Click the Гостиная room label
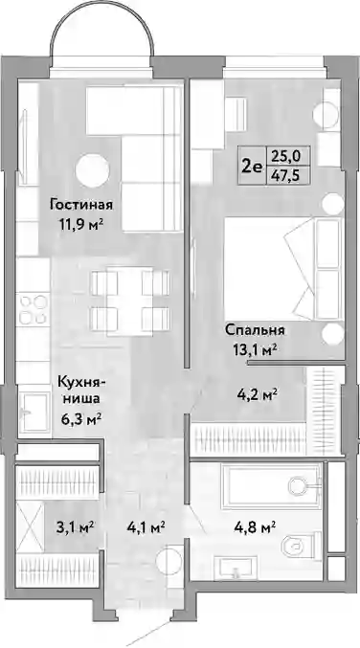click(x=81, y=205)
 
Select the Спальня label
click(x=256, y=330)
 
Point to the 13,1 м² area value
click(x=254, y=351)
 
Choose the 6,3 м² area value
click(x=80, y=420)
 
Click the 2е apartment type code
click(x=252, y=167)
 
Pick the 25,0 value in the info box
click(x=286, y=157)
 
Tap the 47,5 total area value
click(x=286, y=175)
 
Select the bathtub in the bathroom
click(x=272, y=486)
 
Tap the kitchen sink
click(x=34, y=412)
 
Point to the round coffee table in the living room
click(x=92, y=170)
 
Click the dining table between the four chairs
click(x=129, y=301)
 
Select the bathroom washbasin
click(x=236, y=569)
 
